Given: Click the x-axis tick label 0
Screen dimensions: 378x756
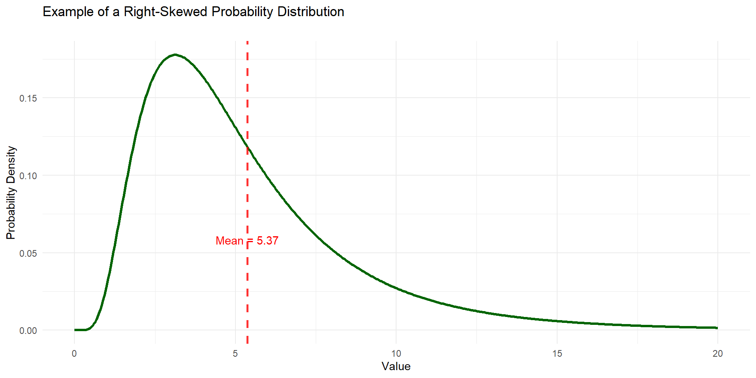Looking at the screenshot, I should point(74,354).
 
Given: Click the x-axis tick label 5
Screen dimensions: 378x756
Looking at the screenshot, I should point(235,354).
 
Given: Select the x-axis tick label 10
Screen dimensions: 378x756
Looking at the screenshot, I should point(396,354).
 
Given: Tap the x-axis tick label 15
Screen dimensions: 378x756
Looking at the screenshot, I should point(557,354).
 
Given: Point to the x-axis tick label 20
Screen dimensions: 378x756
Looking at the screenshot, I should point(717,354).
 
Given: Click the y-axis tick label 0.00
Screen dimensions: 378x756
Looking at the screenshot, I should point(28,331).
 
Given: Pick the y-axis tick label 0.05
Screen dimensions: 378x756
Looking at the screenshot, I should point(28,253).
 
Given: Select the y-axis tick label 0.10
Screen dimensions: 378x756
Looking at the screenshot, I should point(28,176).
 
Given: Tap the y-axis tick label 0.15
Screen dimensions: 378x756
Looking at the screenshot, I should point(28,98).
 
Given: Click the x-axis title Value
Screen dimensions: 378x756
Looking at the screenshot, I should point(396,367).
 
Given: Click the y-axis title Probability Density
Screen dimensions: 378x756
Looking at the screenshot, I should point(11,193).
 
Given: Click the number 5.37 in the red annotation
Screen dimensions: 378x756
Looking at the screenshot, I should point(268,241).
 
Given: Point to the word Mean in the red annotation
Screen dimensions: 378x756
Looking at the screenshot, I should point(230,241).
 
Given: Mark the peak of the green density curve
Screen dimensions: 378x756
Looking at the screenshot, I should point(175,55).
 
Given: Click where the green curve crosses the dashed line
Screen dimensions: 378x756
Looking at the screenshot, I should point(247,147).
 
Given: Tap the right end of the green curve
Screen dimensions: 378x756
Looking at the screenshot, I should point(717,328).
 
